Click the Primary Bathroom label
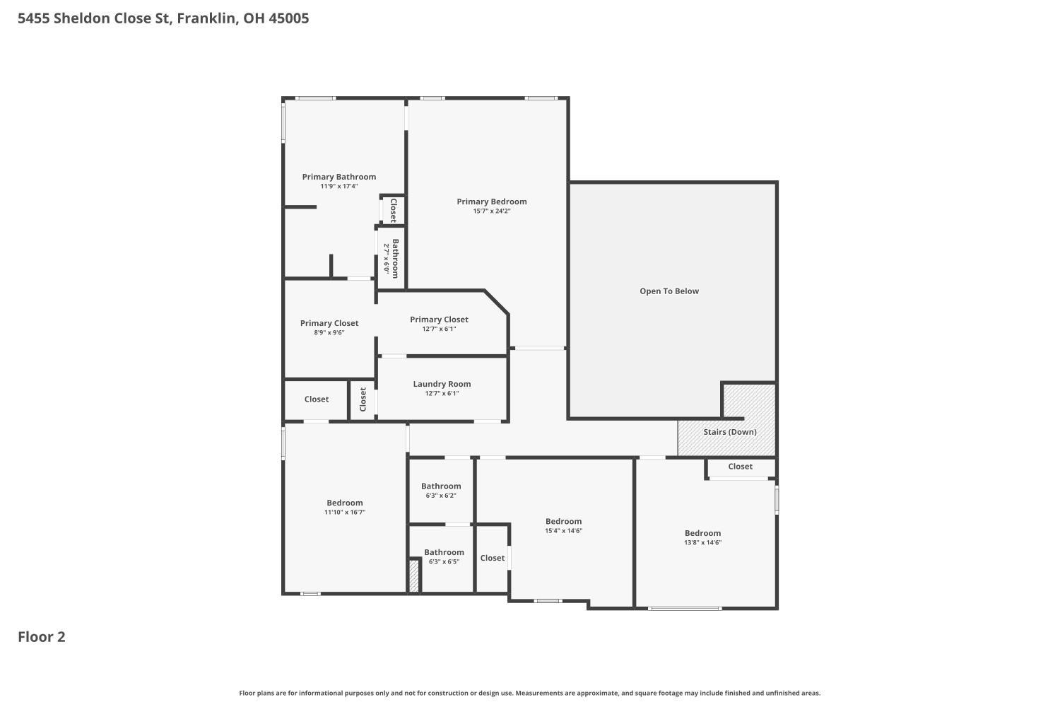tap(338, 177)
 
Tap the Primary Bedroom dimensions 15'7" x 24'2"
tap(492, 211)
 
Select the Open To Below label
tap(669, 291)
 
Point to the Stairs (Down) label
tap(730, 432)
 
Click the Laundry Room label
tap(442, 384)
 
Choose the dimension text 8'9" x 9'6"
tap(329, 332)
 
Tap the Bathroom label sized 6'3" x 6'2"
tap(441, 486)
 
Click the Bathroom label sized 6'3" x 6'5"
tap(444, 552)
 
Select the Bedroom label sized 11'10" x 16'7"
tap(345, 503)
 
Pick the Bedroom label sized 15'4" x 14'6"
tap(563, 521)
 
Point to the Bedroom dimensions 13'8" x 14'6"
tap(702, 542)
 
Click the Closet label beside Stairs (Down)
tap(740, 467)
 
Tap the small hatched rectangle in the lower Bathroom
tap(413, 575)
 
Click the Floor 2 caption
tap(42, 636)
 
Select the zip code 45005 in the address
tap(288, 18)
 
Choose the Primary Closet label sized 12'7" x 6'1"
tap(439, 320)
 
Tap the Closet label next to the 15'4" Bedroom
tap(492, 558)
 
